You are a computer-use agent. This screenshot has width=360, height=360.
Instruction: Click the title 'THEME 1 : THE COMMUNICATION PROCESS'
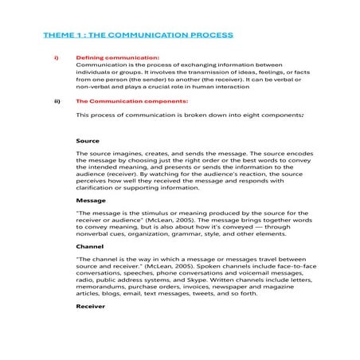coord(139,35)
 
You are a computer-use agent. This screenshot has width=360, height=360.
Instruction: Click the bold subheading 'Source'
coord(87,140)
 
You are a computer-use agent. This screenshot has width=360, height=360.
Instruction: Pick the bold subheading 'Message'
coord(90,201)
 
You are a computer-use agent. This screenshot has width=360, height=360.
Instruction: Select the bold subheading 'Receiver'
coord(91,307)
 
